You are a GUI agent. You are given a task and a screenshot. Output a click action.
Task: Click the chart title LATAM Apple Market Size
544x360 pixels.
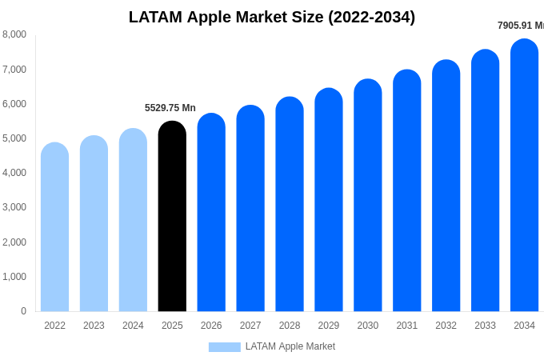click(272, 17)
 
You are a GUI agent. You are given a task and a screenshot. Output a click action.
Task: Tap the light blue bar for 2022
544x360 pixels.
click(54, 227)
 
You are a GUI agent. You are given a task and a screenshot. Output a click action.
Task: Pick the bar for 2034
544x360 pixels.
click(524, 175)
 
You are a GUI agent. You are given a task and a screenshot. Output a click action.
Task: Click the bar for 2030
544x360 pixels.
click(368, 195)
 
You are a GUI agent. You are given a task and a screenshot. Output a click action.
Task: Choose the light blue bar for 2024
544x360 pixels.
click(133, 220)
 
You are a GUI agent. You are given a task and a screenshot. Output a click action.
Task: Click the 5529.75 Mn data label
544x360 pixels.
click(170, 108)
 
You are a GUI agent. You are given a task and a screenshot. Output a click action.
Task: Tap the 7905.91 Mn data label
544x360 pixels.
click(520, 26)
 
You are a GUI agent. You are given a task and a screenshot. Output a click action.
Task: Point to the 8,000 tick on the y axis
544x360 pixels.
click(14, 34)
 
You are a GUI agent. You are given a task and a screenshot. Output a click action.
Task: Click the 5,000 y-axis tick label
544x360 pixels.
click(14, 138)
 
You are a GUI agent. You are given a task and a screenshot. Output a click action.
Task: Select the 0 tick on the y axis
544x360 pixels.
click(23, 311)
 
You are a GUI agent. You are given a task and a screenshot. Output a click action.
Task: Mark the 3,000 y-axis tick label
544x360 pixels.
click(14, 207)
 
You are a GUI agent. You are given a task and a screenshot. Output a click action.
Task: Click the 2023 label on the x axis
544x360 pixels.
click(94, 326)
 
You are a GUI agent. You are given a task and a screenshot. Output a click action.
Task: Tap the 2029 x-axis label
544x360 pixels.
click(329, 326)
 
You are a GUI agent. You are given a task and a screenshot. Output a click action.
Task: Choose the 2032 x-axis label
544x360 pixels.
click(446, 326)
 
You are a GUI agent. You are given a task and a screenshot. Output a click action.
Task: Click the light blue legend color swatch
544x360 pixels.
click(224, 347)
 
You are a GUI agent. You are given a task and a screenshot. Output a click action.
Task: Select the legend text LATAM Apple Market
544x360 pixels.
click(290, 346)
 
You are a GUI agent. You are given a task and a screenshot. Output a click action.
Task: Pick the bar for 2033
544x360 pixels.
click(485, 180)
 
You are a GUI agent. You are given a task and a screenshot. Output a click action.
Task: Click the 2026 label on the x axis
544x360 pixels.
click(211, 326)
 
